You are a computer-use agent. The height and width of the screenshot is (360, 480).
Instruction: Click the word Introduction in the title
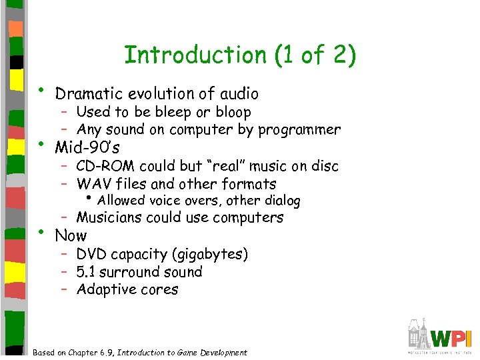pyautogui.click(x=194, y=55)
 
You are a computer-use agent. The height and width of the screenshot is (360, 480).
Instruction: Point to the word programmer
pyautogui.click(x=299, y=129)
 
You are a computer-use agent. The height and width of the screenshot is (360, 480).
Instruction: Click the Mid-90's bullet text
pyautogui.click(x=82, y=147)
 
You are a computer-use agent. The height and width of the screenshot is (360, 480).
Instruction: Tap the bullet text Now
pyautogui.click(x=71, y=235)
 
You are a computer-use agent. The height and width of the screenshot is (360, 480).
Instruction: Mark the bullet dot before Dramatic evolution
pyautogui.click(x=41, y=89)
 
